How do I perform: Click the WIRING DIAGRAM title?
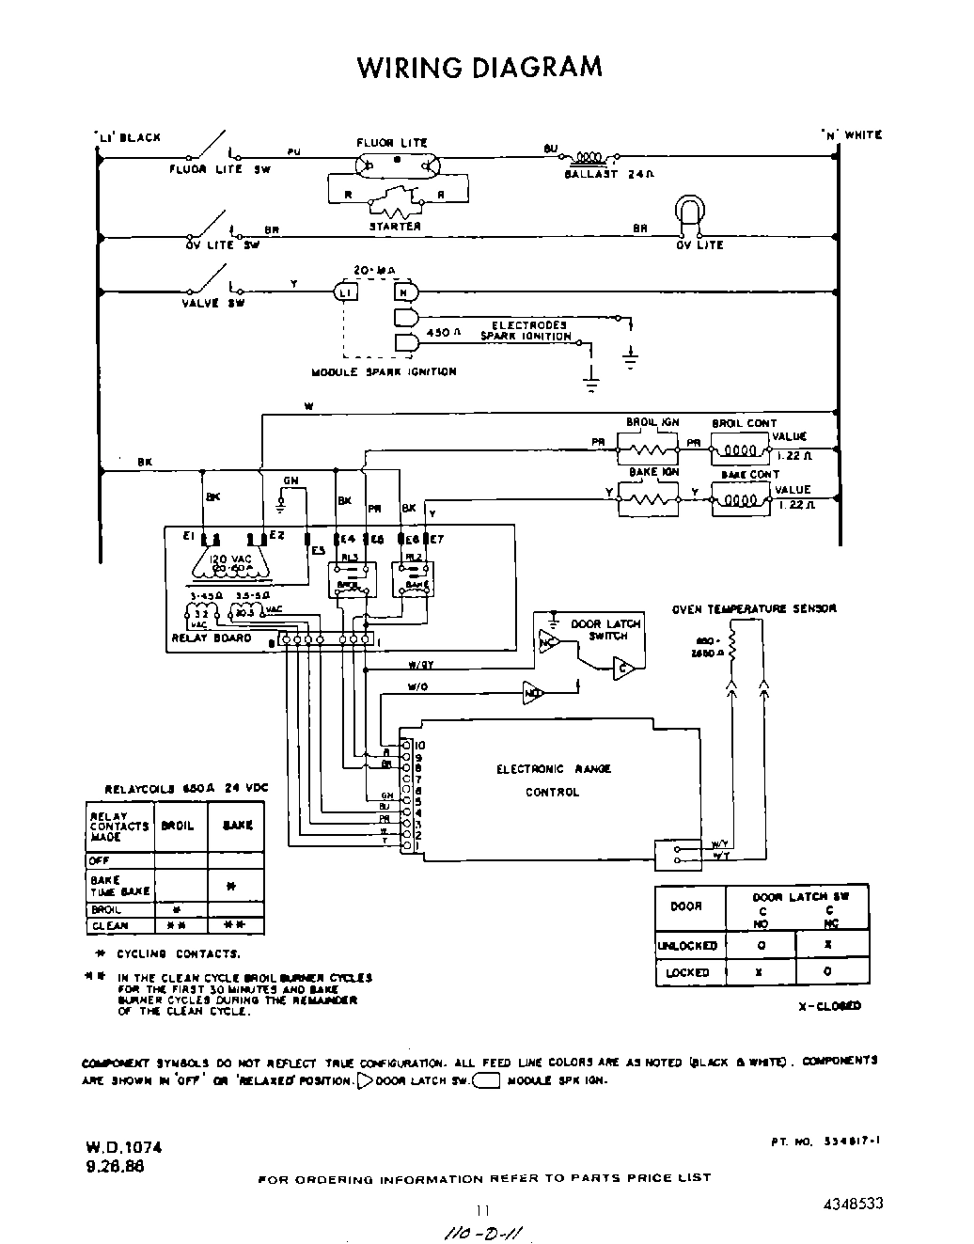479,68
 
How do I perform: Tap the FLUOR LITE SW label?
219,170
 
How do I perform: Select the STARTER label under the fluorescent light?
395,227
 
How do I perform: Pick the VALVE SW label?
213,304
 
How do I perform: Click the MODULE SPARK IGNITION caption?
384,372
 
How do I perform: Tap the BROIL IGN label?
652,423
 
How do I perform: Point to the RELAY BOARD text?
212,638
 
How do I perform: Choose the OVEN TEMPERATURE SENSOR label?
754,609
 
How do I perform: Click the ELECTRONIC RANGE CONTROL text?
553,780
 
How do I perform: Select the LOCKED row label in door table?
687,973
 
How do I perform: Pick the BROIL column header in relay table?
178,826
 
